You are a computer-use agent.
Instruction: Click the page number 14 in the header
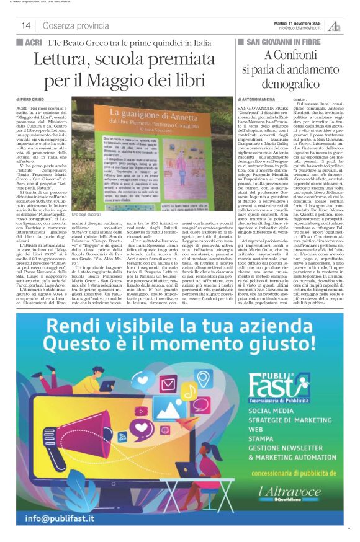25,25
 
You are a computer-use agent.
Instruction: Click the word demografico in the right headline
290,83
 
